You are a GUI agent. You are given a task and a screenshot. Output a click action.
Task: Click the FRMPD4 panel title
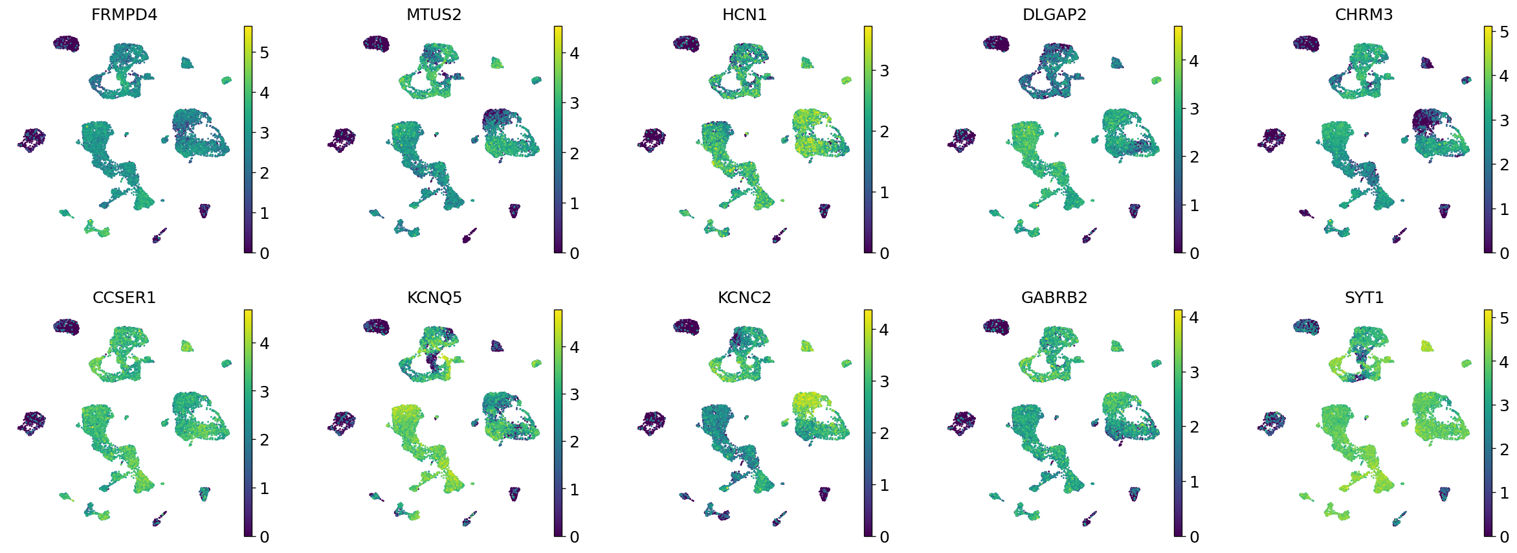(124, 14)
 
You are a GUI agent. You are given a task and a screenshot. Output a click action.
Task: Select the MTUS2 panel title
(434, 14)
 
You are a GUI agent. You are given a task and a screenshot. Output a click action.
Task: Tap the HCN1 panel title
(744, 14)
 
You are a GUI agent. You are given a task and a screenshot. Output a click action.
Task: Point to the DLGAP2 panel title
(1054, 14)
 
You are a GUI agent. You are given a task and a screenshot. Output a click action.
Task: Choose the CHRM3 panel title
(1364, 14)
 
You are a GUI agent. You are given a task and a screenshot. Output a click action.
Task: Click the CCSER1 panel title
(124, 297)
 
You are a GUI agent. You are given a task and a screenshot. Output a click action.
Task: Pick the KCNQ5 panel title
(434, 297)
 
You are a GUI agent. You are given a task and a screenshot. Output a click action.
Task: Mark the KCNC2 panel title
(744, 297)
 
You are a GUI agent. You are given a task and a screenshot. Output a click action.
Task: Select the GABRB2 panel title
(1054, 297)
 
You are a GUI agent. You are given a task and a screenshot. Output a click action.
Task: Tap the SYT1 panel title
(1364, 297)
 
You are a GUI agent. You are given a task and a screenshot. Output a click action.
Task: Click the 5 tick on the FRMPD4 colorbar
(264, 52)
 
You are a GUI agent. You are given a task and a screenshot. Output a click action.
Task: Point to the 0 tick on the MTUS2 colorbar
(574, 253)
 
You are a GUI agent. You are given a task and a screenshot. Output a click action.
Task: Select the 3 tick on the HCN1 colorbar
(884, 71)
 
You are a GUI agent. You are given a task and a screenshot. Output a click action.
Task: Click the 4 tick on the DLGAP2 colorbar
(1194, 61)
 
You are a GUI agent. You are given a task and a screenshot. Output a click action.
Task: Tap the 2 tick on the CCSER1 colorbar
(264, 440)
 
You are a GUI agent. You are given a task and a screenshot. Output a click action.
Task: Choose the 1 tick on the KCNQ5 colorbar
(574, 490)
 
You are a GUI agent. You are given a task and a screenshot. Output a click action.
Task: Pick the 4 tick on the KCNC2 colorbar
(884, 330)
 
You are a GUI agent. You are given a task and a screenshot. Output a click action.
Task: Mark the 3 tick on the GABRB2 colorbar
(1194, 372)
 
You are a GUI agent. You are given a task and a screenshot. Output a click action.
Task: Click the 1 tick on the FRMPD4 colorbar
(264, 213)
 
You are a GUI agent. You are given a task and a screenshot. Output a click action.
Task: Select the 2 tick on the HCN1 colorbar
(884, 131)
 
